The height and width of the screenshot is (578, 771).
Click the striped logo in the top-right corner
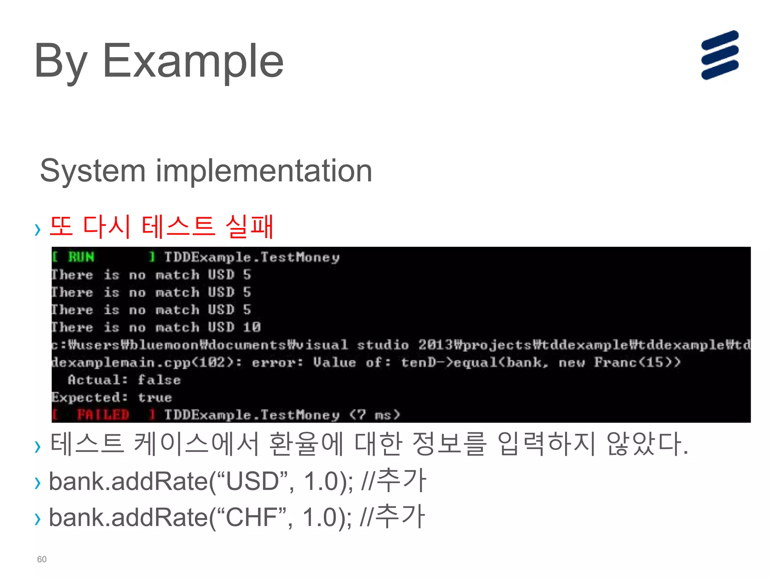pyautogui.click(x=719, y=55)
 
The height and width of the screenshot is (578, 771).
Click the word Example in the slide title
pyautogui.click(x=193, y=61)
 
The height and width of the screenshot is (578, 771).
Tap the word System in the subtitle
pyautogui.click(x=93, y=171)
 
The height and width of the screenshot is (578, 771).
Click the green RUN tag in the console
pyautogui.click(x=81, y=257)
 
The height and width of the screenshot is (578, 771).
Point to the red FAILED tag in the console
pyautogui.click(x=103, y=415)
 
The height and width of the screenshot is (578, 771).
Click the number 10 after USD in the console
pyautogui.click(x=251, y=327)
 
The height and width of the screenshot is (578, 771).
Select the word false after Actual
pyautogui.click(x=159, y=380)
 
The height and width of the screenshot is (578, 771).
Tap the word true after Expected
pyautogui.click(x=155, y=397)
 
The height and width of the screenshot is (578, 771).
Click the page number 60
pyautogui.click(x=42, y=559)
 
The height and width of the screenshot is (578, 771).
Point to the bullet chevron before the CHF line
pyautogui.click(x=37, y=519)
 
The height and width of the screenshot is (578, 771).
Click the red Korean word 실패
pyautogui.click(x=249, y=227)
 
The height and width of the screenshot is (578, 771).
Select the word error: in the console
pyautogui.click(x=277, y=362)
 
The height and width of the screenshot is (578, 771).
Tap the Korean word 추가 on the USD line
pyautogui.click(x=401, y=481)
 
